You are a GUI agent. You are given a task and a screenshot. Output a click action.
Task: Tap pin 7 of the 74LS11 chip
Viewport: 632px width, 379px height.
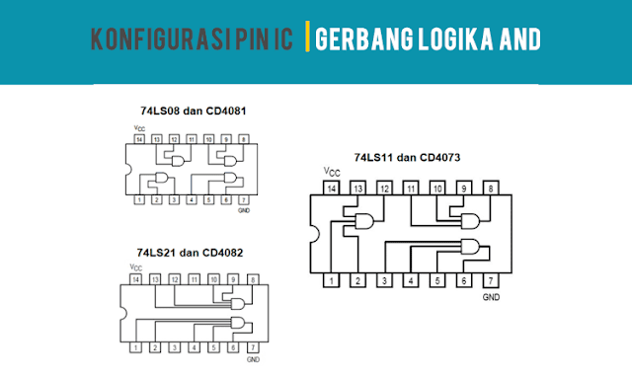tap(491, 280)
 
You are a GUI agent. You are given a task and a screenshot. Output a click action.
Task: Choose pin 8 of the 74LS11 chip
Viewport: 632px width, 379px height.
tap(491, 188)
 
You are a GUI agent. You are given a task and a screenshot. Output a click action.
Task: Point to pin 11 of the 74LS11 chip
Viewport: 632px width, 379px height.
tap(411, 188)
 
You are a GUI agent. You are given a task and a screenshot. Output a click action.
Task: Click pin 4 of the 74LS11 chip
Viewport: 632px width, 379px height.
tap(411, 280)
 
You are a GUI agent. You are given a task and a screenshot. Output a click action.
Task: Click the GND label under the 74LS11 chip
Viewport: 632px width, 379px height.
tap(491, 296)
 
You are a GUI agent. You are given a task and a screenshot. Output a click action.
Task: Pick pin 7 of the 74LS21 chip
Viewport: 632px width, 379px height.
tap(253, 347)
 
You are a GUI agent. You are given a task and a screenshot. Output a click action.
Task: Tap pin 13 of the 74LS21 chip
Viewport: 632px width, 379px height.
tap(155, 281)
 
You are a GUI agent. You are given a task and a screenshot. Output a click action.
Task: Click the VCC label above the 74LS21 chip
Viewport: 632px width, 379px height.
tap(135, 267)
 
